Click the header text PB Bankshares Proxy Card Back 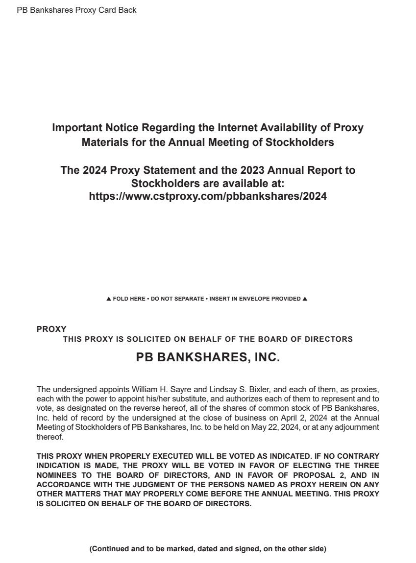pyautogui.click(x=76, y=10)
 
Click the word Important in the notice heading pyautogui.click(x=77, y=128)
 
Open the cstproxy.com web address pyautogui.click(x=208, y=196)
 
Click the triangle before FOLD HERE pyautogui.click(x=108, y=299)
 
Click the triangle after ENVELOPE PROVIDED pyautogui.click(x=305, y=299)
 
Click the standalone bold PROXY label pyautogui.click(x=51, y=329)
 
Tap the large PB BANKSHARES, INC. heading pyautogui.click(x=208, y=358)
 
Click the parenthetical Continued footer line pyautogui.click(x=208, y=549)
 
